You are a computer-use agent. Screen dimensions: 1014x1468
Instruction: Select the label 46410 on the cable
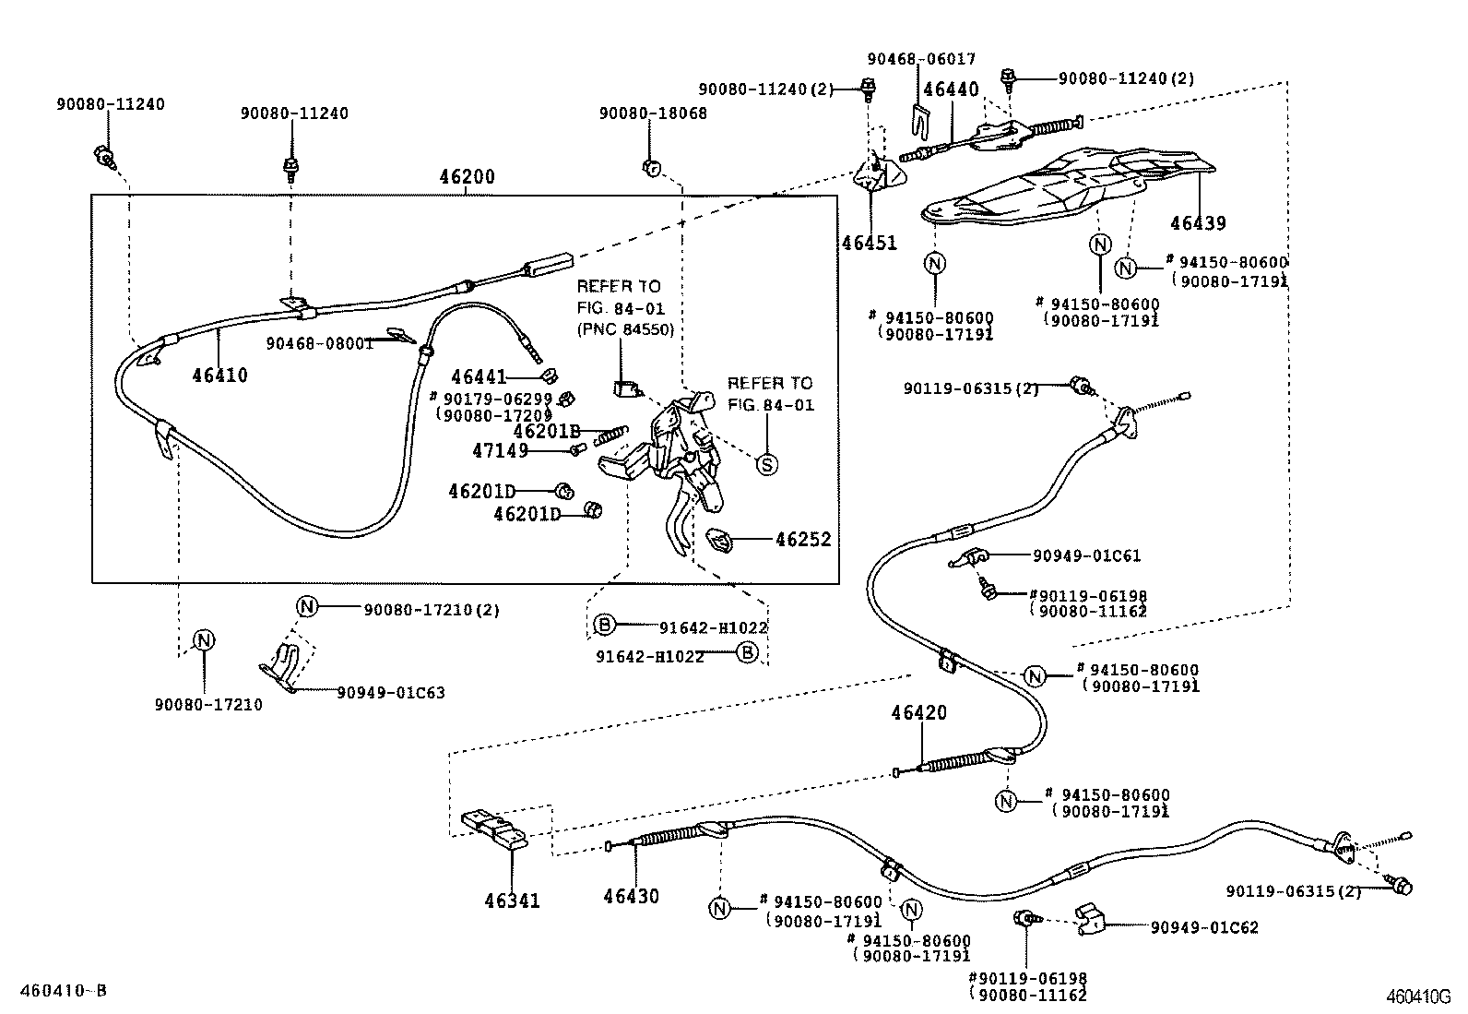(x=219, y=375)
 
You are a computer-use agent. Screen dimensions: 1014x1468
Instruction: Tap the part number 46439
(x=1198, y=223)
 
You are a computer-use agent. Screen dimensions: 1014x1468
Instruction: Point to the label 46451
(x=869, y=243)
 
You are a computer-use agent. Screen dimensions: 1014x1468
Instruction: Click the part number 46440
(x=951, y=89)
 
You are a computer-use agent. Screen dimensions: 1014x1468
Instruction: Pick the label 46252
(x=802, y=539)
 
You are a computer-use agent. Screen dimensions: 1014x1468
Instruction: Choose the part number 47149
(x=500, y=450)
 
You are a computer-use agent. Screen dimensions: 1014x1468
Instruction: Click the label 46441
(x=479, y=376)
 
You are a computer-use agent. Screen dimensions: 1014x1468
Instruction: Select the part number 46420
(x=918, y=712)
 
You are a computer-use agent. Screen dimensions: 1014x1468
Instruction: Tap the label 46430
(x=632, y=896)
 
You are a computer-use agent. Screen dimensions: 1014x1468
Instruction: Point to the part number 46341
(x=513, y=901)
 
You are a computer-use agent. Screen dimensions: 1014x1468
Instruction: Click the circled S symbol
(x=767, y=464)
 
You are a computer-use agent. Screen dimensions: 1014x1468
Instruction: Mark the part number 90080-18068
(x=653, y=113)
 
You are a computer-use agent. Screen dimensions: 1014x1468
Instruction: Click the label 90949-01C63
(x=390, y=692)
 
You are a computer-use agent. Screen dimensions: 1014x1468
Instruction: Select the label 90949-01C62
(x=1203, y=927)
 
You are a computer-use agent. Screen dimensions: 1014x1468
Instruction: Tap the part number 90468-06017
(x=920, y=58)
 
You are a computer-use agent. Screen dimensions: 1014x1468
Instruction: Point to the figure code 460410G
(x=1419, y=996)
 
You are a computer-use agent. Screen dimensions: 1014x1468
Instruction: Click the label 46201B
(x=546, y=431)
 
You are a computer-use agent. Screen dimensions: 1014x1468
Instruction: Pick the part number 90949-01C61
(x=1086, y=555)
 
